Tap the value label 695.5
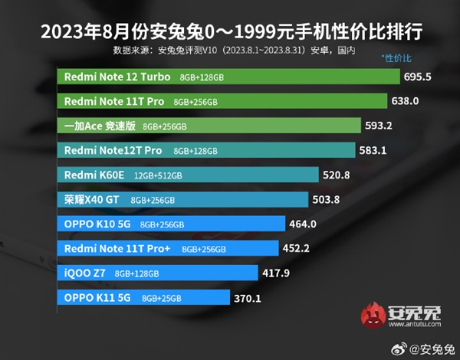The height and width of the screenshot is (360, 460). [x=419, y=77]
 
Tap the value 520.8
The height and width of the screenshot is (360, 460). [x=338, y=175]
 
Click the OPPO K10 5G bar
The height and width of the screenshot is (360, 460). [x=172, y=224]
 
